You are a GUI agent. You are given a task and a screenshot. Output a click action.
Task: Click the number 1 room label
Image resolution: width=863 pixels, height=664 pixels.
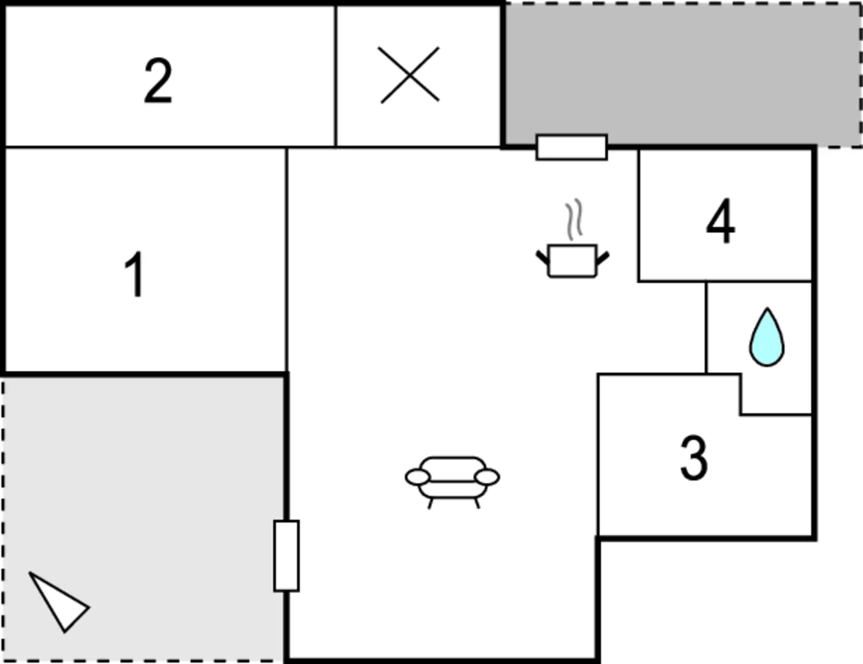(x=134, y=275)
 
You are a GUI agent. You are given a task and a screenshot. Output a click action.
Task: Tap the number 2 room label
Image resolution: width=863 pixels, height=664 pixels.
(x=158, y=80)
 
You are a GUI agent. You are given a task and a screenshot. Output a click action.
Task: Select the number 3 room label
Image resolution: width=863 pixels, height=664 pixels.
(x=694, y=458)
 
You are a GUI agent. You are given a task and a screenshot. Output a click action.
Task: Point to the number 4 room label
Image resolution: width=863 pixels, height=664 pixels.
(x=720, y=222)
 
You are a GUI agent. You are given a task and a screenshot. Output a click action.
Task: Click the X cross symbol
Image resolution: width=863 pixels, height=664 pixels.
(x=409, y=75)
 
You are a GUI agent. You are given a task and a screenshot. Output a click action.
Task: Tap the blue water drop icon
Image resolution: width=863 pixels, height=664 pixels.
(x=766, y=338)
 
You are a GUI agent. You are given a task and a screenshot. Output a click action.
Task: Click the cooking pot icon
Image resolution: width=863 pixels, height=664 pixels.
(x=572, y=261)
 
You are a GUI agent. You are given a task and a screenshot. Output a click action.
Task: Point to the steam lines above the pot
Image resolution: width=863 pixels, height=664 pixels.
(x=574, y=219)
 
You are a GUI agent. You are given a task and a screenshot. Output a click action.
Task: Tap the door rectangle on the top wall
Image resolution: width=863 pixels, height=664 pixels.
(x=571, y=147)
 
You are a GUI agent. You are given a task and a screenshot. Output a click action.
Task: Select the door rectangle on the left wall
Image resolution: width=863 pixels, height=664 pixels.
(x=286, y=556)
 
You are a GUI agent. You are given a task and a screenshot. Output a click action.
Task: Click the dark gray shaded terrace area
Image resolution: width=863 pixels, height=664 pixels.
(x=682, y=71)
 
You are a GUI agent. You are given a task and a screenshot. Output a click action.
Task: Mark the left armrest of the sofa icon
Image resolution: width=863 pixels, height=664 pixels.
(x=417, y=477)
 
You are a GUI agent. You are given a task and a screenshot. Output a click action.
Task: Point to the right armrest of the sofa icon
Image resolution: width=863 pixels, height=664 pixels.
(x=487, y=477)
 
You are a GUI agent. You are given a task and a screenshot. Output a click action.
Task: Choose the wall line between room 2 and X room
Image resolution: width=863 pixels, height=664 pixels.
(x=336, y=76)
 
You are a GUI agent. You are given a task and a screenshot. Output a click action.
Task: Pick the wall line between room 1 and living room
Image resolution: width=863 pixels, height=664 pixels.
(x=287, y=260)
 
